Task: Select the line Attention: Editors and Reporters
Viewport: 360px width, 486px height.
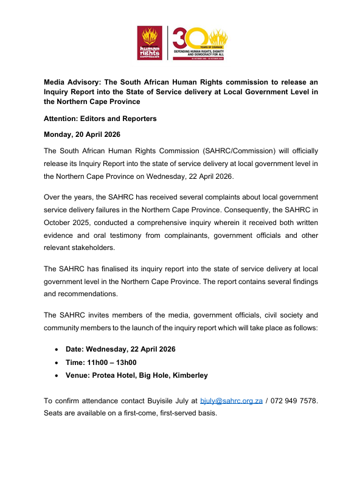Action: pos(100,119)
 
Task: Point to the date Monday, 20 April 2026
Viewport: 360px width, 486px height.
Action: pos(88,134)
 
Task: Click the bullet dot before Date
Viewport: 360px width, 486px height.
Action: pos(57,349)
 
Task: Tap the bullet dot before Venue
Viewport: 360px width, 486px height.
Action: pos(57,376)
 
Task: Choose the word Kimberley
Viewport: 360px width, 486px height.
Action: pos(187,376)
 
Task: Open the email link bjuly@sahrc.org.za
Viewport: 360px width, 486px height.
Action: pos(231,401)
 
